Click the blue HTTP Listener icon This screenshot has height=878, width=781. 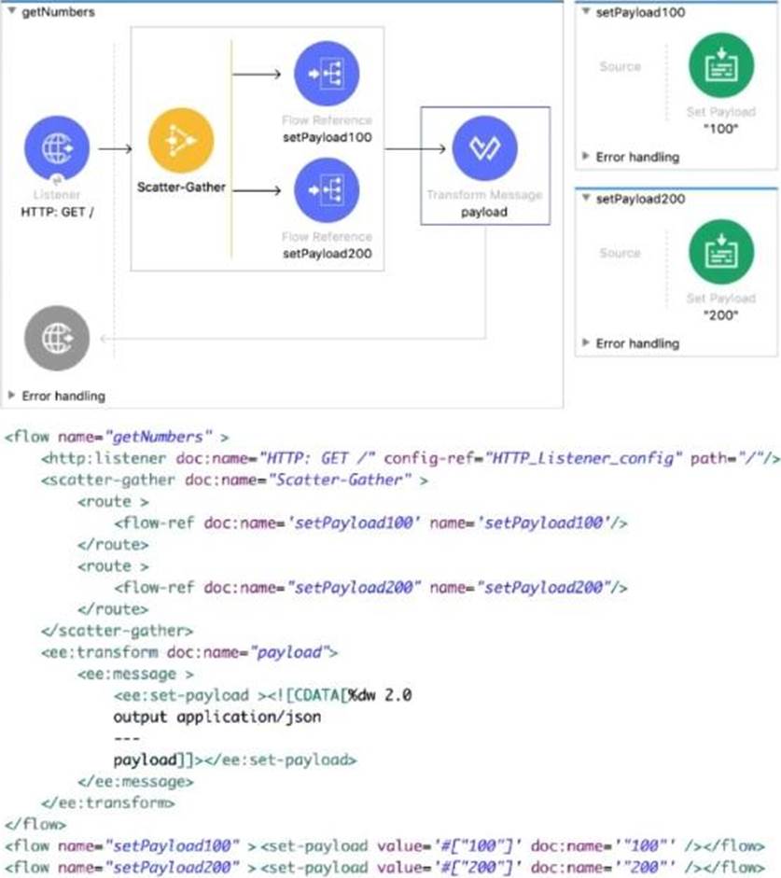coord(58,148)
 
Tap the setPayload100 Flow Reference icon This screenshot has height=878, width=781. coord(327,74)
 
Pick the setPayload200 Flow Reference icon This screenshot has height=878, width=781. coord(327,190)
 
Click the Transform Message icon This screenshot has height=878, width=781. coord(484,147)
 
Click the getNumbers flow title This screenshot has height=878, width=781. coord(57,12)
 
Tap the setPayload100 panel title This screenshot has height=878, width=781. coord(635,12)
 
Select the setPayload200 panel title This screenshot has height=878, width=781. coord(635,199)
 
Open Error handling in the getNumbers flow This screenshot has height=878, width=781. coord(63,396)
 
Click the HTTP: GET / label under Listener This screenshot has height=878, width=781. coord(57,212)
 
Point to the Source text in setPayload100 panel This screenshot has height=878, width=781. coord(620,66)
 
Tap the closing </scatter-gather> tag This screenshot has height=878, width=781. coord(117,630)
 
